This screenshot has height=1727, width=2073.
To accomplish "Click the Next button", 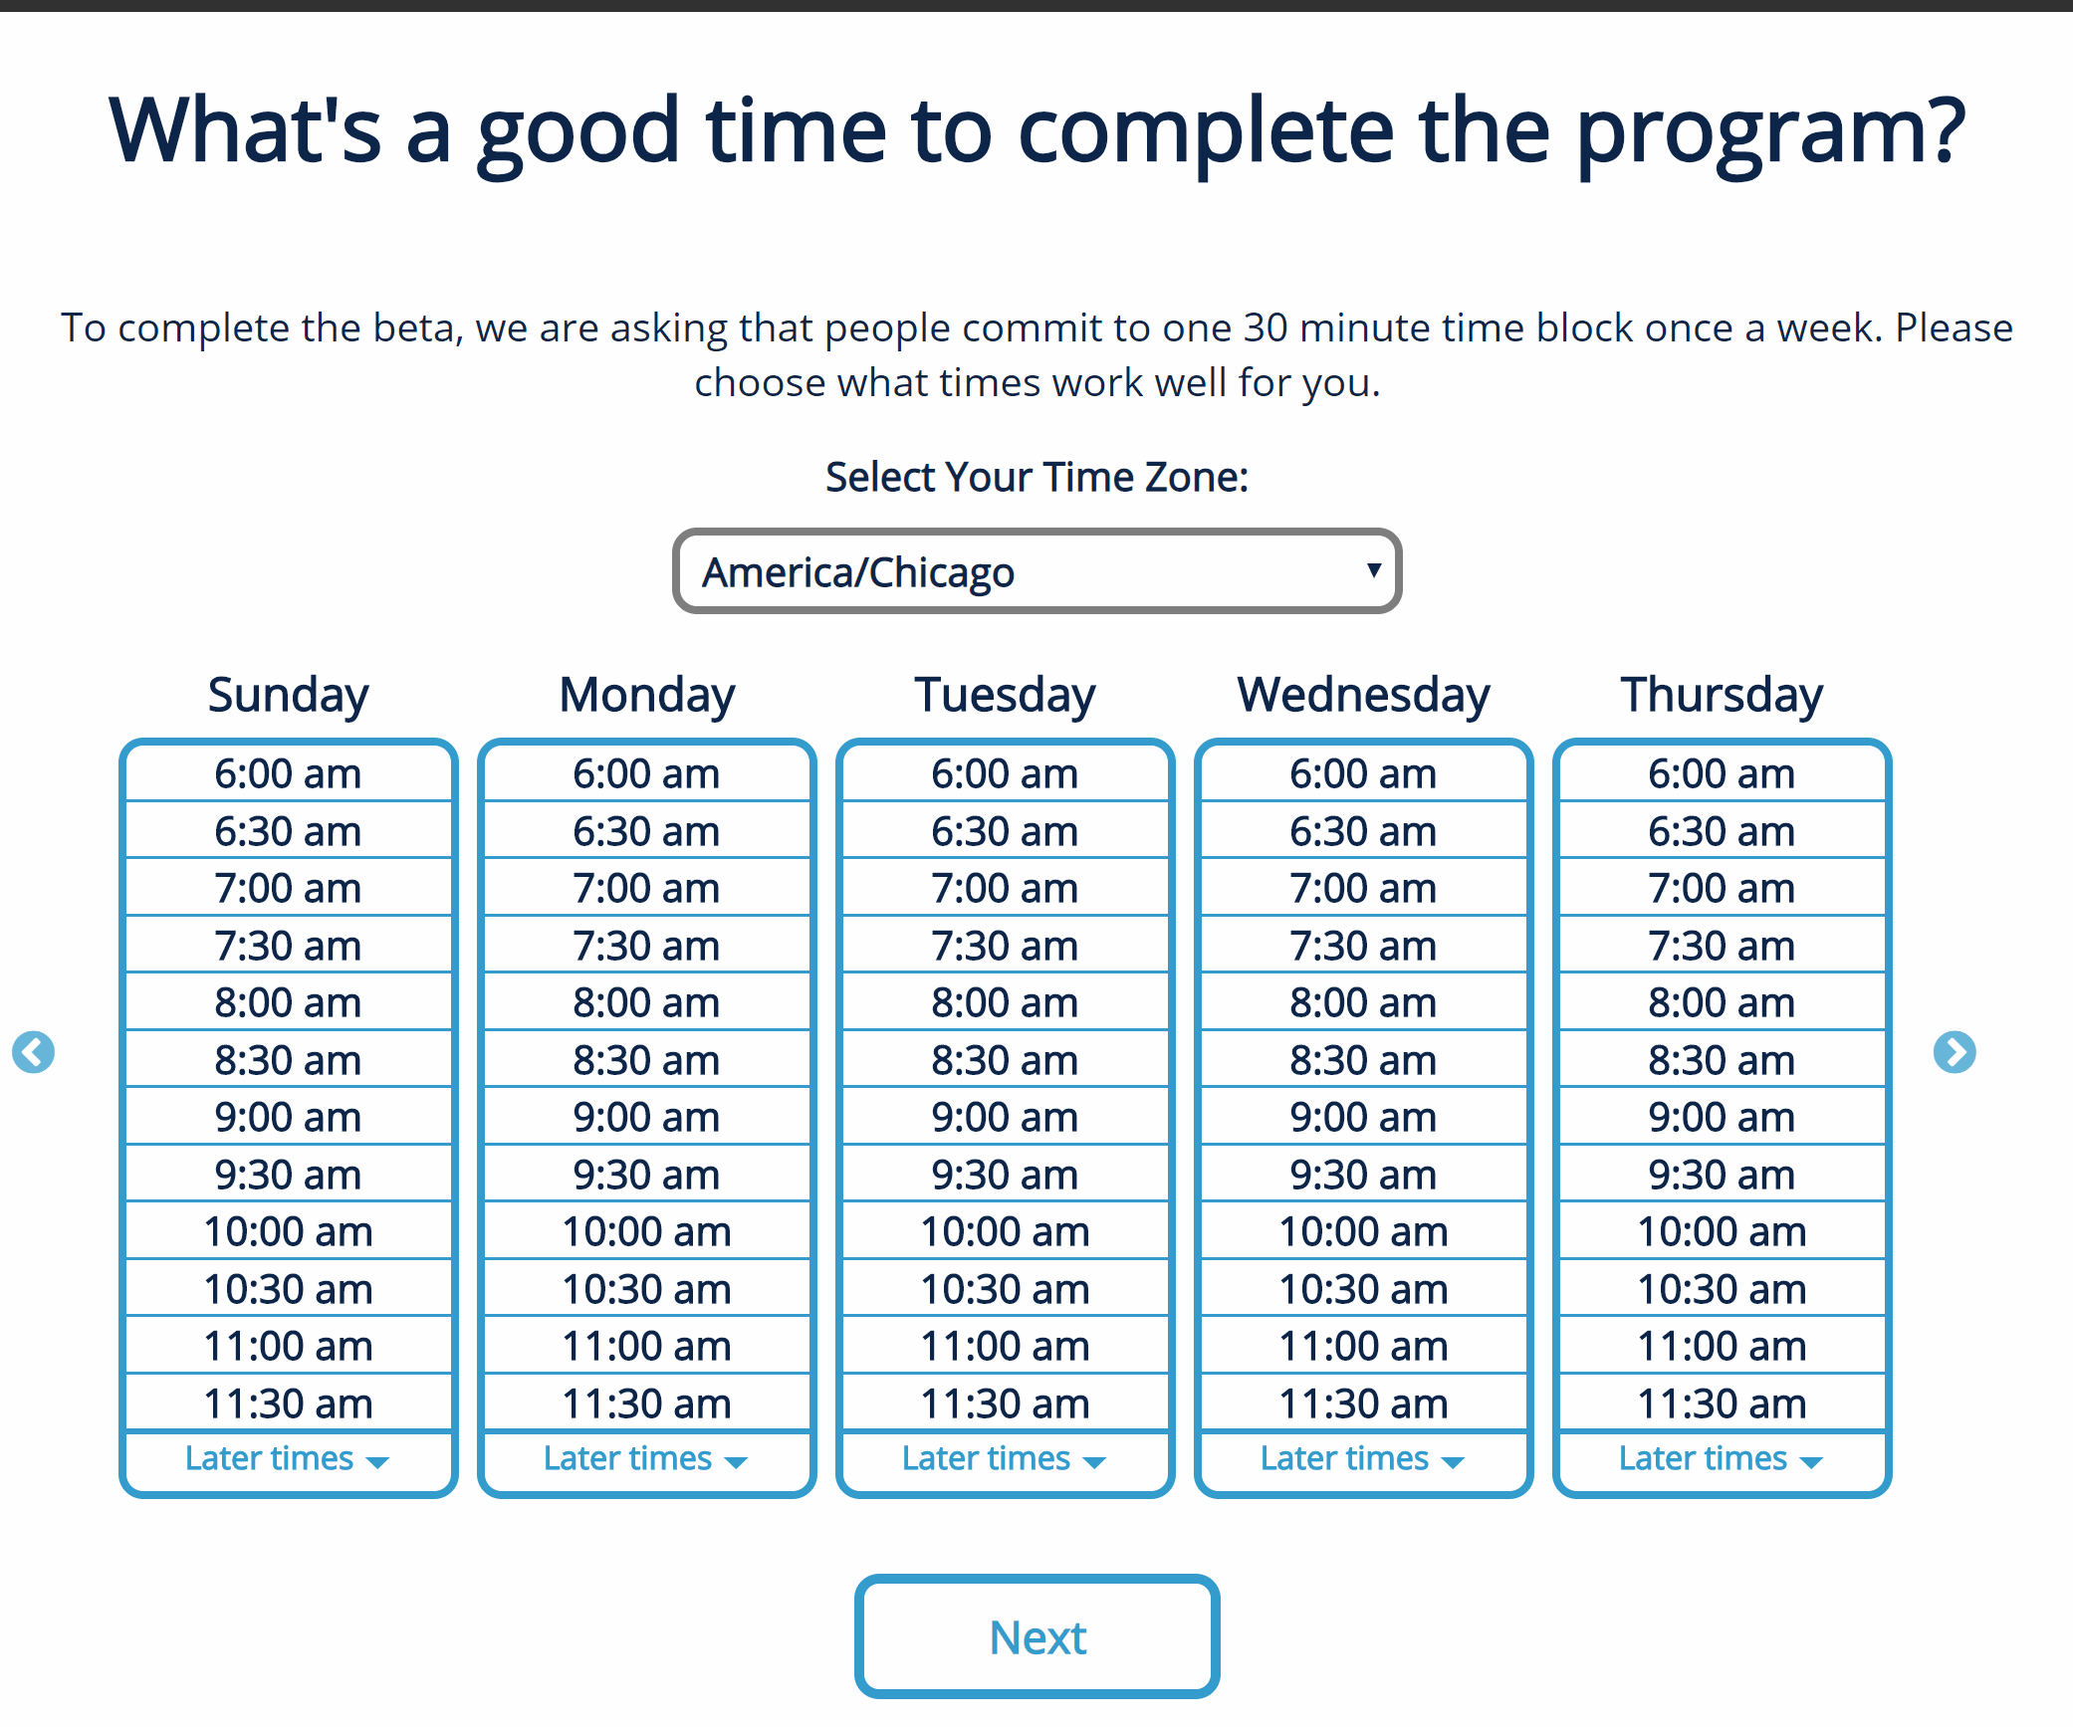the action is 1036,1636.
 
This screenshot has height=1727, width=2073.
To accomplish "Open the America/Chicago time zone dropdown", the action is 1036,571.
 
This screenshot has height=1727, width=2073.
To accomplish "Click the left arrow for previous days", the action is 33,1052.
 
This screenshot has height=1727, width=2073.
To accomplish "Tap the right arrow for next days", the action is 1955,1052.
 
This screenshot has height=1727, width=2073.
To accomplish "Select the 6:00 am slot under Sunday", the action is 288,773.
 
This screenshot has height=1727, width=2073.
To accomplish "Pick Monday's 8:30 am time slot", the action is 646,1060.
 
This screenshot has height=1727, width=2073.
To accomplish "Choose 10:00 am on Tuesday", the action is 1005,1231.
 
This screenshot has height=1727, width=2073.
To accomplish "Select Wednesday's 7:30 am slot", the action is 1363,946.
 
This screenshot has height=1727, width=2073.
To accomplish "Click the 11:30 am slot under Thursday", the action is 1722,1403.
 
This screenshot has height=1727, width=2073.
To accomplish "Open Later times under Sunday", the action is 288,1459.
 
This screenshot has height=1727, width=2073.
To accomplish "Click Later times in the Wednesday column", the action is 1363,1459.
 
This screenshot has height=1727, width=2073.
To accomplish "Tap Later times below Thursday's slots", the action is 1722,1459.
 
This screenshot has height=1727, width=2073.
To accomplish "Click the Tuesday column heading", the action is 1005,695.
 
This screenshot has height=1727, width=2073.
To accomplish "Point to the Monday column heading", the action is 647,695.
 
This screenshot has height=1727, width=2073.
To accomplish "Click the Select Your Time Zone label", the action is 1036,478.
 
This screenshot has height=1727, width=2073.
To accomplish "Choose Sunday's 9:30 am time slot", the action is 288,1175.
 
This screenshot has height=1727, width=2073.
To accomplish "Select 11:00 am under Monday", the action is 646,1346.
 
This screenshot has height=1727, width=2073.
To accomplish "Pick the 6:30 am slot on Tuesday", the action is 1005,831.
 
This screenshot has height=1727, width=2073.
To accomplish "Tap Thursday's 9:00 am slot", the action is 1722,1117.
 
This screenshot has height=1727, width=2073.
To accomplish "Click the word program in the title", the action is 1771,133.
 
